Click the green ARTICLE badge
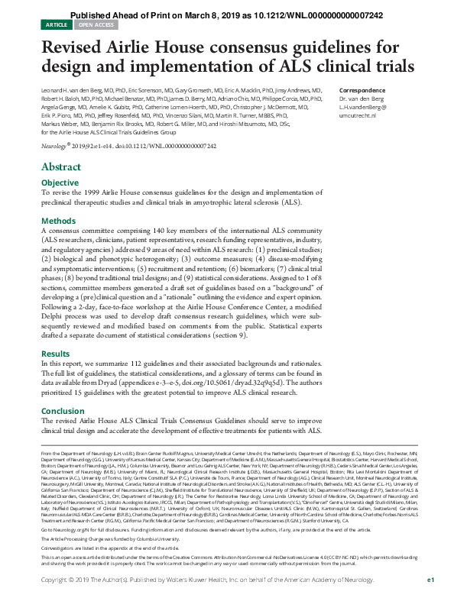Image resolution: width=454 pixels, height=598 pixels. point(56,24)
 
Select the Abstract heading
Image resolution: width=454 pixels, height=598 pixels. point(61,166)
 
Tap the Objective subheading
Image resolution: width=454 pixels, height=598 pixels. point(60,183)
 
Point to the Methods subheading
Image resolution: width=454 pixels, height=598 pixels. point(58,221)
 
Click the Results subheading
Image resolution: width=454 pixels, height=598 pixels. point(55,354)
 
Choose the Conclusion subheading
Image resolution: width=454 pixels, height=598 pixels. point(62,411)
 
